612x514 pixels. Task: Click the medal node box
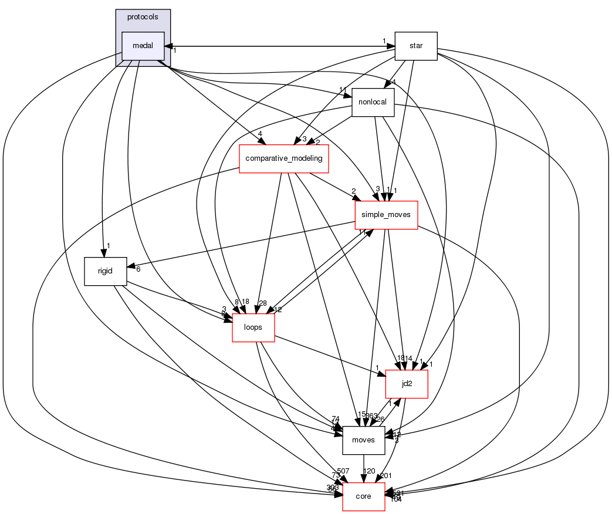(143, 46)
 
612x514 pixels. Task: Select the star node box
(416, 46)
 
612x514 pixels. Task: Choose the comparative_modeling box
(283, 157)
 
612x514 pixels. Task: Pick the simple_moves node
(386, 215)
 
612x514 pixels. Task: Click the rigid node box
(106, 271)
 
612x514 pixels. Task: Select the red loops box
(253, 327)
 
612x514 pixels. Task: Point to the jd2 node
(406, 384)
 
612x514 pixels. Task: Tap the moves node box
(363, 440)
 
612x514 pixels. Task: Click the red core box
(363, 496)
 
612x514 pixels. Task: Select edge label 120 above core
(368, 471)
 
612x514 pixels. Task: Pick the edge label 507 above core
(343, 471)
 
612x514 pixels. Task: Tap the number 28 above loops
(262, 303)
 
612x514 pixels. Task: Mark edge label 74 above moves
(335, 418)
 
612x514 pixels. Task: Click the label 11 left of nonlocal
(343, 89)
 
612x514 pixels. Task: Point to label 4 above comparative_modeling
(259, 134)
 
